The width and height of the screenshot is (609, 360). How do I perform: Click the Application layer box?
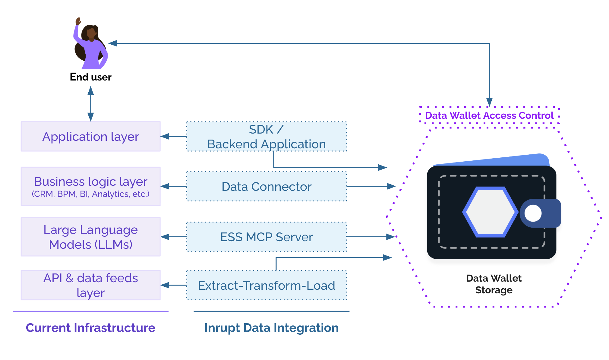click(90, 136)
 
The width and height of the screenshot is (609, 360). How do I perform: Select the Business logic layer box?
click(90, 186)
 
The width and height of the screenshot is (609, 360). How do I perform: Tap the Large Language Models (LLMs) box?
click(90, 237)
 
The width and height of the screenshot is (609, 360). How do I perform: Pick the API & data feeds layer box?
click(90, 285)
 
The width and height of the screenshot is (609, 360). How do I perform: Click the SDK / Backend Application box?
click(267, 136)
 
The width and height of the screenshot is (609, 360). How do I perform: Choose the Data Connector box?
click(267, 186)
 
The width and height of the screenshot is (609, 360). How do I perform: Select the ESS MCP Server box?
click(267, 237)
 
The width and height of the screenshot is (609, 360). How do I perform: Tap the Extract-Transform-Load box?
click(267, 285)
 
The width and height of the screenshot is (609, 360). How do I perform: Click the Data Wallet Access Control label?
click(489, 115)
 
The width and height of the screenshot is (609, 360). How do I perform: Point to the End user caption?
click(90, 77)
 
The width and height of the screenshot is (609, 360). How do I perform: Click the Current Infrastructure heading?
click(90, 328)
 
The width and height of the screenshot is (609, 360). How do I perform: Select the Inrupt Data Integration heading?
click(271, 328)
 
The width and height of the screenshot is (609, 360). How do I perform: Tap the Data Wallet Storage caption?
click(494, 284)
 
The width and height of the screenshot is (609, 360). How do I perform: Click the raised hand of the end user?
click(78, 21)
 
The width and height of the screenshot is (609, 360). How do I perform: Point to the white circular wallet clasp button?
click(533, 213)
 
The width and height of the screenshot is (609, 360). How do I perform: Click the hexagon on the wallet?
click(490, 212)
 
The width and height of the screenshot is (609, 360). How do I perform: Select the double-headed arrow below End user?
click(90, 104)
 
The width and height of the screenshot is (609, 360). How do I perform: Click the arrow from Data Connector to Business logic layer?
click(173, 186)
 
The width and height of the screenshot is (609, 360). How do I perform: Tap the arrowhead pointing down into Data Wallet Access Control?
click(489, 102)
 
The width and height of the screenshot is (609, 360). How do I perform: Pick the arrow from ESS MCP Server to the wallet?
click(371, 237)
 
